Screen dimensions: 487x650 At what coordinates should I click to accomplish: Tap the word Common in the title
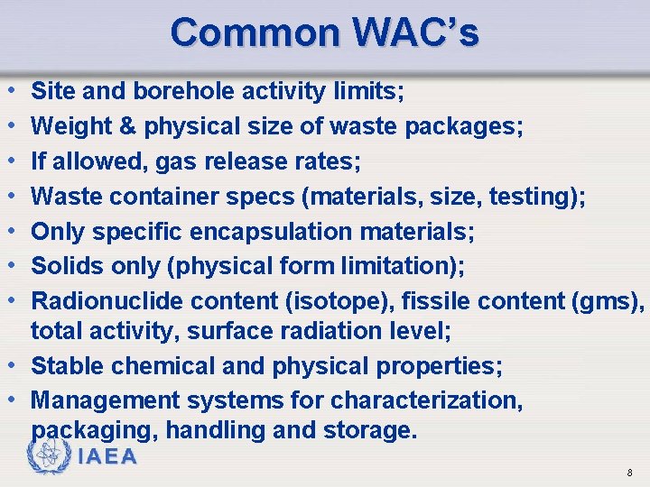pyautogui.click(x=254, y=32)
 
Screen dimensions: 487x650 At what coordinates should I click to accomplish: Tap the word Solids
pyautogui.click(x=67, y=267)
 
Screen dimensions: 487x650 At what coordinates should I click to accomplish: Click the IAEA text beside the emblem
pyautogui.click(x=108, y=456)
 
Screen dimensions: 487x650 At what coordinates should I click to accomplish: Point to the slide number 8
pyautogui.click(x=629, y=473)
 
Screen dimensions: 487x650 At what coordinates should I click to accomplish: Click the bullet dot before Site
pyautogui.click(x=9, y=91)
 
